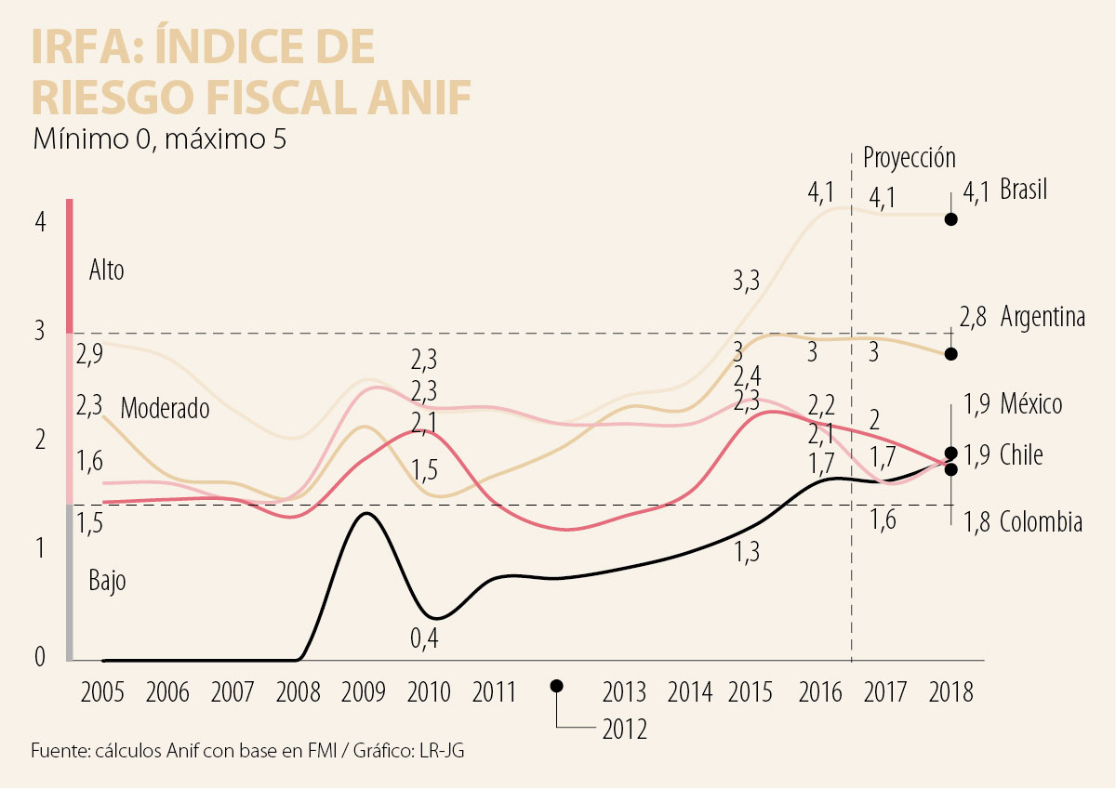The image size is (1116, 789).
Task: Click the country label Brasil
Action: [x=1023, y=191]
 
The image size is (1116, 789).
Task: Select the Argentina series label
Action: [x=1043, y=318]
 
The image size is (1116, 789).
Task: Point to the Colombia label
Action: [x=1041, y=523]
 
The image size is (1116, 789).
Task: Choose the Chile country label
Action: [x=1021, y=455]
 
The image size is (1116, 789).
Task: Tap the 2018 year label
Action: [x=950, y=692]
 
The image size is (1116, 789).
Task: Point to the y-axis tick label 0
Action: [x=40, y=658]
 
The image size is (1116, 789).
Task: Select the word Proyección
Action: [x=909, y=157]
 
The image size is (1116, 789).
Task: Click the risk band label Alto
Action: [x=106, y=271]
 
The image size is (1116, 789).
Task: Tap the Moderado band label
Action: [x=165, y=408]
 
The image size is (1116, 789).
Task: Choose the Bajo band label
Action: [x=107, y=582]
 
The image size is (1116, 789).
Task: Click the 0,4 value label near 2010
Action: [x=424, y=638]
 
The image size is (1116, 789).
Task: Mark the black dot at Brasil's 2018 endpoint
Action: [x=950, y=219]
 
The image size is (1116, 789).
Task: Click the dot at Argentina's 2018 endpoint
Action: [x=950, y=353]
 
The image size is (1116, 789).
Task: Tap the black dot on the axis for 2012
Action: [x=557, y=686]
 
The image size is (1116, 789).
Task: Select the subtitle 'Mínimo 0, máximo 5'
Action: [x=159, y=139]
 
